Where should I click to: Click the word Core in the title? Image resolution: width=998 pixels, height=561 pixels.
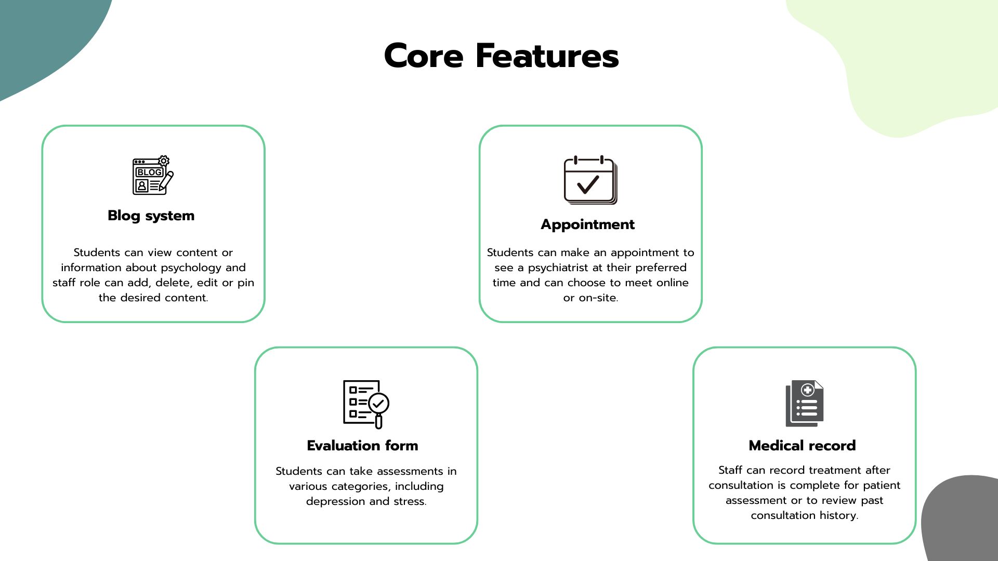pos(424,56)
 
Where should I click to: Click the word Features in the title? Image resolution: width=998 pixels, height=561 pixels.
pos(547,56)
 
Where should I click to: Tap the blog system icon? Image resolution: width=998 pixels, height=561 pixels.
pos(153,176)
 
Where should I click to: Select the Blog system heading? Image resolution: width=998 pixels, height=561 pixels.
pos(151,216)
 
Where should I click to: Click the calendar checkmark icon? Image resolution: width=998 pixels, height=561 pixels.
pos(590,180)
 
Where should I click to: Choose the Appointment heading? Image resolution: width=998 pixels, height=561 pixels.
pos(588,224)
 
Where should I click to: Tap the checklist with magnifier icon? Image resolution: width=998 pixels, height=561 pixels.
pos(366,404)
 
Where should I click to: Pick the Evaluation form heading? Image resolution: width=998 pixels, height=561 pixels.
pos(362,446)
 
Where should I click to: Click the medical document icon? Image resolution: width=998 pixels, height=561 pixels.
pos(805,404)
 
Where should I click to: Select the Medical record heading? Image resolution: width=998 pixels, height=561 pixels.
pos(802,446)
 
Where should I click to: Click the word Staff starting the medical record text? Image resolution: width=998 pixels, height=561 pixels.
pos(730,470)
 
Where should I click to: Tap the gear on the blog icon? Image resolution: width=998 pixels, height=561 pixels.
pos(164,161)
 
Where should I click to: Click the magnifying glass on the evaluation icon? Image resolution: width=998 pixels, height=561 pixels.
pos(378,408)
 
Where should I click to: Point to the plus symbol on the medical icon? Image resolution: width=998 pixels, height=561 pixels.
pos(807,390)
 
